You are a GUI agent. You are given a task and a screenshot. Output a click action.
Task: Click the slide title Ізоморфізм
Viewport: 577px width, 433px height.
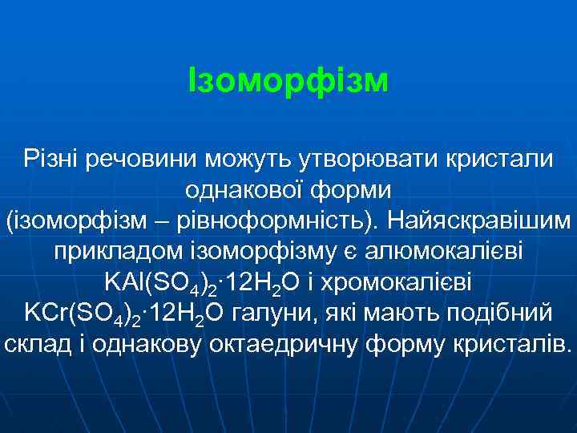pos(288,80)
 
